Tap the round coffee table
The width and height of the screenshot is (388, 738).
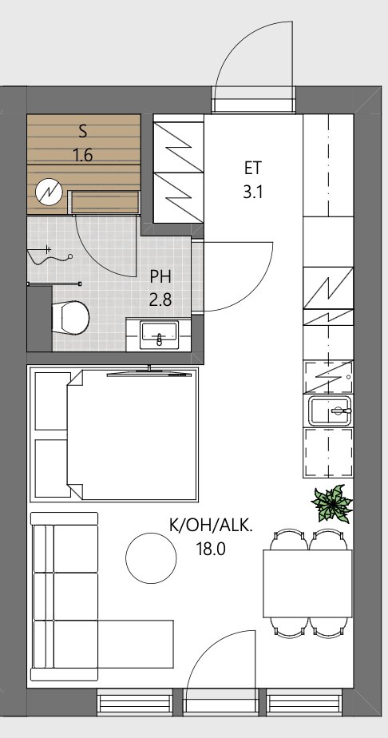click(x=151, y=557)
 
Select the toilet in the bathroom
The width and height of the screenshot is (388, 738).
click(x=70, y=318)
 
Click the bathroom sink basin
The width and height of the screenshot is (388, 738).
click(x=160, y=335)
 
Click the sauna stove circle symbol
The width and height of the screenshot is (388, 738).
click(x=49, y=192)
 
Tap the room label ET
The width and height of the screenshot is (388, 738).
click(x=252, y=168)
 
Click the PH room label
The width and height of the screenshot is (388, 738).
click(x=160, y=276)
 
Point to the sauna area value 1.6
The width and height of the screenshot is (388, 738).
click(x=83, y=155)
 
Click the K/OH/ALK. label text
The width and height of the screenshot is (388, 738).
click(x=211, y=525)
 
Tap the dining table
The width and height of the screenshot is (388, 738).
click(x=307, y=583)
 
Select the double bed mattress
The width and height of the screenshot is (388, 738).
click(x=133, y=434)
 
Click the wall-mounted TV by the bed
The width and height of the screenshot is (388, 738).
click(x=149, y=373)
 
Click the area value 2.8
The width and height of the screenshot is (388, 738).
click(x=160, y=300)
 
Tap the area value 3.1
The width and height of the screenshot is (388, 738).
click(x=252, y=192)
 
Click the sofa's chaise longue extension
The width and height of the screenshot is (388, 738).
click(x=136, y=644)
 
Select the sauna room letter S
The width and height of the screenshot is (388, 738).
click(x=83, y=131)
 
